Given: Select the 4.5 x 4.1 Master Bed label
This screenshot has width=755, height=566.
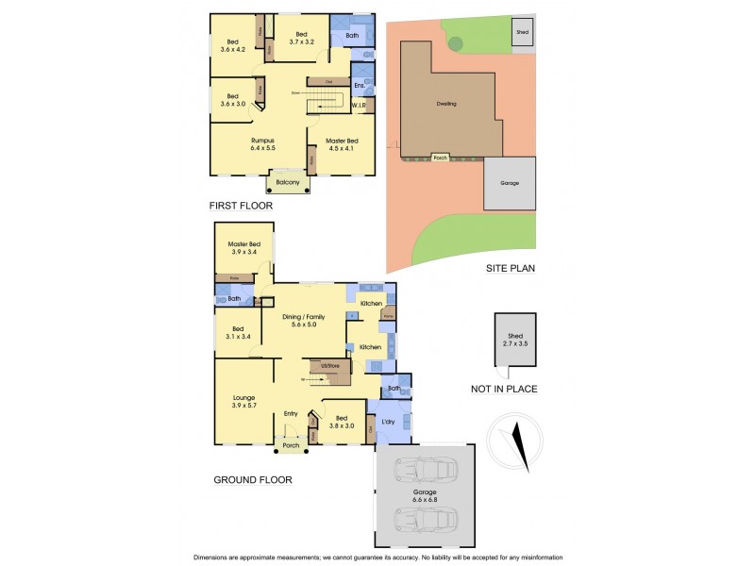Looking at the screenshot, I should (x=344, y=144).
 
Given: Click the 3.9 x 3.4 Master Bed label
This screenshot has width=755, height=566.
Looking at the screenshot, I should (x=243, y=248).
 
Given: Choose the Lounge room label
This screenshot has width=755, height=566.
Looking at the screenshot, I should (x=244, y=401).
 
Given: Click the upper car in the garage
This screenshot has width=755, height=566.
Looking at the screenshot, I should (x=425, y=470).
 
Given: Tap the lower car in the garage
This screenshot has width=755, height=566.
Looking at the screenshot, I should (x=425, y=519).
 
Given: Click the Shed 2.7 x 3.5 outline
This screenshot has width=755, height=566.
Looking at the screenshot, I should (x=515, y=344).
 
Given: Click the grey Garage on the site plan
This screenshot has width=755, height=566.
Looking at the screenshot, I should (x=510, y=184).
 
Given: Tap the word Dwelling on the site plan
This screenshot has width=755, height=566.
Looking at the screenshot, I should (x=446, y=104).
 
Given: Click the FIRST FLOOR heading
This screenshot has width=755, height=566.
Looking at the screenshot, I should (x=242, y=205).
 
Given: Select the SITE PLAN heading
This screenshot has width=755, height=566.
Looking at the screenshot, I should (x=511, y=268).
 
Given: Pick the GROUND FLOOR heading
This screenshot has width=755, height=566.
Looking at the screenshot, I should (x=252, y=480).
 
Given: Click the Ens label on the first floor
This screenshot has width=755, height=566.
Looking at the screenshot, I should (x=359, y=86).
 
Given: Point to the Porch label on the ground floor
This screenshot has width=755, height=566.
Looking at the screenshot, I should (x=292, y=445).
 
